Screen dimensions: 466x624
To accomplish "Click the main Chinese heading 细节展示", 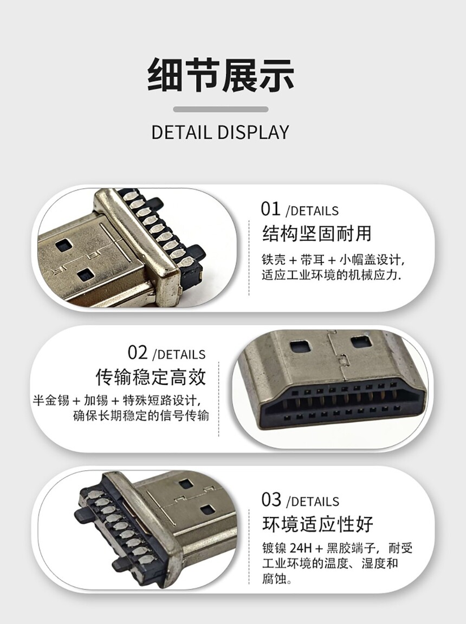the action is (221, 75).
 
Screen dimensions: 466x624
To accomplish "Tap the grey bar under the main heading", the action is (221, 109).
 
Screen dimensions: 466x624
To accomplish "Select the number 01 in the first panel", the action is (271, 209).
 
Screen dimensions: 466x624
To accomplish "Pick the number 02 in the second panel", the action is (138, 353).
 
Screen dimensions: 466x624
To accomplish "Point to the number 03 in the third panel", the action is (271, 500).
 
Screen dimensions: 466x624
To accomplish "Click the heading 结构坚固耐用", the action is (316, 234).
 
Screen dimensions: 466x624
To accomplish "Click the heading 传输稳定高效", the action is (151, 377).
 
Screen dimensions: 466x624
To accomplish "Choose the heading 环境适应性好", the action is (318, 524).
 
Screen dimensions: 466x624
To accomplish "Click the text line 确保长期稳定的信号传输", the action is (141, 416).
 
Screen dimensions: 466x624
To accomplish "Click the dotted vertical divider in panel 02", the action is (219, 399).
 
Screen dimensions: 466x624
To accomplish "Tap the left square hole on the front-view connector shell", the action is (300, 347).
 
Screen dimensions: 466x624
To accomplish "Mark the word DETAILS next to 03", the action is (313, 502).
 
